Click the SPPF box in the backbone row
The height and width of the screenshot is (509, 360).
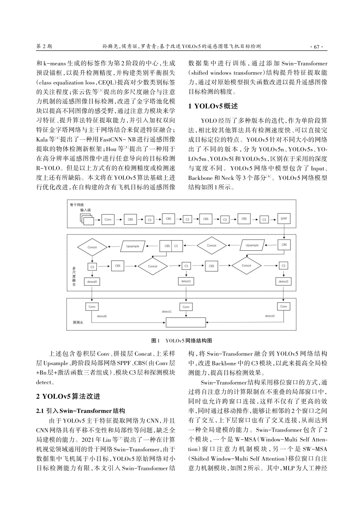[x=284, y=219]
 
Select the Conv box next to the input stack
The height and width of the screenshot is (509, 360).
[x=108, y=219]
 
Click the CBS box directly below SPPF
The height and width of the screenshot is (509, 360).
[x=284, y=245]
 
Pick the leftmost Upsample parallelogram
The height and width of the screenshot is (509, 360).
[x=133, y=246]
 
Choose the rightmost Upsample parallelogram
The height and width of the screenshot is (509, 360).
[x=252, y=245]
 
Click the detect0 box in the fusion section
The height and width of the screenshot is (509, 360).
[x=92, y=282]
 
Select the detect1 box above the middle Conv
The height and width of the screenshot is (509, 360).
[x=186, y=281]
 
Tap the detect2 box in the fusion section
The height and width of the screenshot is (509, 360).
[x=283, y=281]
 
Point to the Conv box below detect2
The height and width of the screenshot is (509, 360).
[x=283, y=306]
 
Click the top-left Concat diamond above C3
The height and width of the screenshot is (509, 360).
[x=92, y=247]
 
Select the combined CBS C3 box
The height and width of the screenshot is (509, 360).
[x=171, y=246]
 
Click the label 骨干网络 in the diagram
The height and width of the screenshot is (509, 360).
[x=77, y=205]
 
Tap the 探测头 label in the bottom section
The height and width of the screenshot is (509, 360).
[x=78, y=322]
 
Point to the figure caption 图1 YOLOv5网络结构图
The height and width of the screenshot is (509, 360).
[x=182, y=341]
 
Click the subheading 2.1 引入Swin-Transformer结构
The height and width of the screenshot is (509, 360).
[x=80, y=411]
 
